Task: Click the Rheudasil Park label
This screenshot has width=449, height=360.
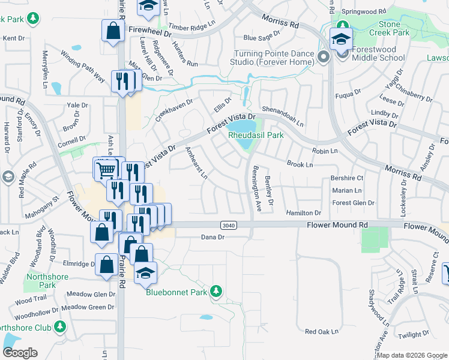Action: [256, 136]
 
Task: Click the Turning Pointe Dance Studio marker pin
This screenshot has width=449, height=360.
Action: [324, 58]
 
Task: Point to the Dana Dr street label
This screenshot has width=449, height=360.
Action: [212, 238]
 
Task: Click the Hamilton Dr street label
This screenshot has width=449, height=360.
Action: [303, 213]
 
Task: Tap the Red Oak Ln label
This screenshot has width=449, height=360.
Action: [322, 331]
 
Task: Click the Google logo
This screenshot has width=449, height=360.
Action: [20, 353]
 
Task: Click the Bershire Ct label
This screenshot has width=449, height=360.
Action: [347, 178]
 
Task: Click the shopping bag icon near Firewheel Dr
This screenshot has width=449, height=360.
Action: [113, 32]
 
